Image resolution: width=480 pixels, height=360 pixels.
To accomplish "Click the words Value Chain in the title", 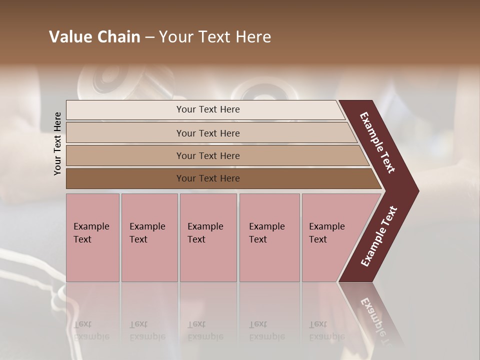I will click(x=94, y=37).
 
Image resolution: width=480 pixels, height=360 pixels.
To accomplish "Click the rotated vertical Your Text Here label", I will click(x=57, y=143).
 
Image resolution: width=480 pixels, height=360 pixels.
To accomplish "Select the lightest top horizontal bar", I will click(x=125, y=110).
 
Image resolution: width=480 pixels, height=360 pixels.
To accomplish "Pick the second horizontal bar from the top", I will click(x=125, y=133).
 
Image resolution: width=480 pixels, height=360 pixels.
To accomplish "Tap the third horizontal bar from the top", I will click(x=125, y=155).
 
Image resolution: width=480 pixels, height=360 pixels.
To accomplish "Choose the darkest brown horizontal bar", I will click(x=125, y=178).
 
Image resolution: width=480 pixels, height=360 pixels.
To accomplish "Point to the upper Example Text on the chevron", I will click(x=377, y=142).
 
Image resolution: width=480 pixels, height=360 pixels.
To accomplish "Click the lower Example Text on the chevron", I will click(x=379, y=236).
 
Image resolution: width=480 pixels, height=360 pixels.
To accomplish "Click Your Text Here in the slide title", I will click(x=215, y=37).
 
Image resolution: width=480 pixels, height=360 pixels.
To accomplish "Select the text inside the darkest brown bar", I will click(x=208, y=178).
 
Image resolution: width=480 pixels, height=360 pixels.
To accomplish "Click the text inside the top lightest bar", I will click(x=208, y=109).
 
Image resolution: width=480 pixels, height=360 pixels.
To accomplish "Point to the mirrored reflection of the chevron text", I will click(x=375, y=315).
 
